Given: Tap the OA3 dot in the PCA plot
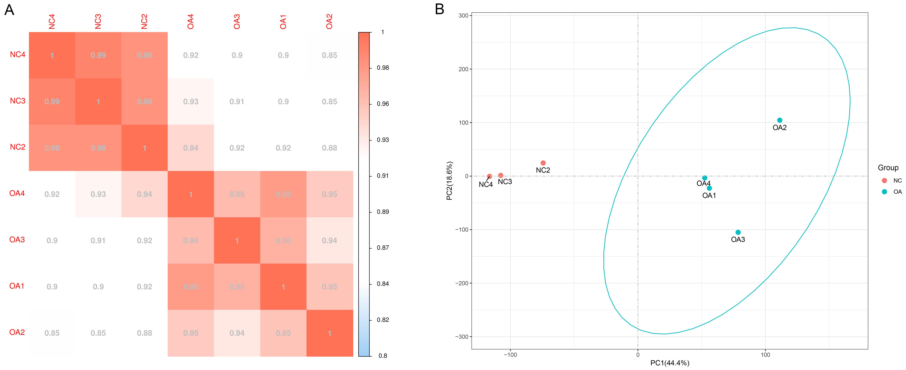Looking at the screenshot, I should [x=738, y=232].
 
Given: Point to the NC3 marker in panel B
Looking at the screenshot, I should [x=501, y=175].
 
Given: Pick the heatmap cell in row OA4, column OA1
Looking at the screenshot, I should [x=283, y=194].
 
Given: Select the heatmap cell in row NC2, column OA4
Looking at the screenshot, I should [x=191, y=148].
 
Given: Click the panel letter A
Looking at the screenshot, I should [x=9, y=10].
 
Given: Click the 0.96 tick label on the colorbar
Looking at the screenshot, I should [x=383, y=104].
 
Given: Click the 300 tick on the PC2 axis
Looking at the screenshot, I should [x=463, y=15].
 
